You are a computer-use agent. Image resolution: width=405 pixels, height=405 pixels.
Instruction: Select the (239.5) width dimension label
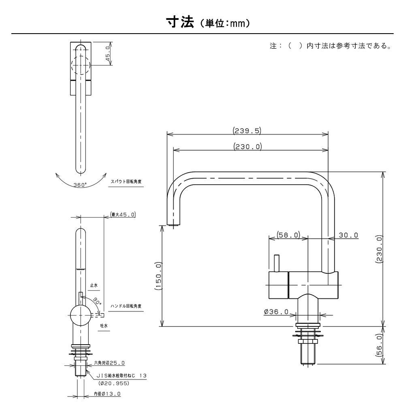point(247,130)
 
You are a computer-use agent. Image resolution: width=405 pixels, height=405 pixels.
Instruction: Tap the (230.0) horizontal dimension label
point(247,147)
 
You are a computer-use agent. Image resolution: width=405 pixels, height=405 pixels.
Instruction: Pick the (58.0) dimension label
point(288,235)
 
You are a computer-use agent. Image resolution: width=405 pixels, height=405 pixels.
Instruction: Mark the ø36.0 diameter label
point(276,312)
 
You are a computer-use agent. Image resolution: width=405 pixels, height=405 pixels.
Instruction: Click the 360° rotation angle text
point(80,185)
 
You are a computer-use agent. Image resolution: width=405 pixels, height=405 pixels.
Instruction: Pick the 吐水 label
point(103,325)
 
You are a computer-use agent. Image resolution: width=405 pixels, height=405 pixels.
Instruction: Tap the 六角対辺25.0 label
point(109,363)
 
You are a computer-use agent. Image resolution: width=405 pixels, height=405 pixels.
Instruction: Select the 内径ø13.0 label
point(107,394)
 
